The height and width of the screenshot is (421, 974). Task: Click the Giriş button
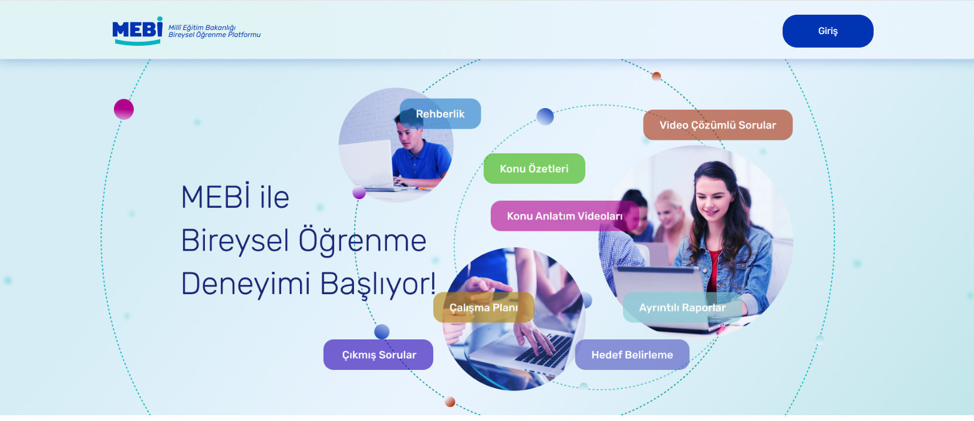point(827,31)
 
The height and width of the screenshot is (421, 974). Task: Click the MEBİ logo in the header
point(137,31)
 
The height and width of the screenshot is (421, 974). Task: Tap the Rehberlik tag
point(440,113)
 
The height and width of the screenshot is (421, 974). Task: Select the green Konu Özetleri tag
point(534,169)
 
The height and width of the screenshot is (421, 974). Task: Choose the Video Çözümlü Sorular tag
point(717,125)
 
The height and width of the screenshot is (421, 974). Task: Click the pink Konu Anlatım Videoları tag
point(564,215)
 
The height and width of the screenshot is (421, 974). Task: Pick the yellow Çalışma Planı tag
point(484,308)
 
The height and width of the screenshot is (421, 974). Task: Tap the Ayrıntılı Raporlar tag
point(682,308)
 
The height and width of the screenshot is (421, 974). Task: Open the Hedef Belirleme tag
point(632,355)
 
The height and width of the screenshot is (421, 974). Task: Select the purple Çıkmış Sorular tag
point(378,355)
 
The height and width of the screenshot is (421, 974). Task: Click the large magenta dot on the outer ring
point(124,109)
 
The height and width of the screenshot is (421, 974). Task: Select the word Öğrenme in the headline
point(362,241)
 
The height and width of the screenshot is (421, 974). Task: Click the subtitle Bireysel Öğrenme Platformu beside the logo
point(214,35)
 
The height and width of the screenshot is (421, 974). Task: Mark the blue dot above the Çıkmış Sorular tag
point(382,332)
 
